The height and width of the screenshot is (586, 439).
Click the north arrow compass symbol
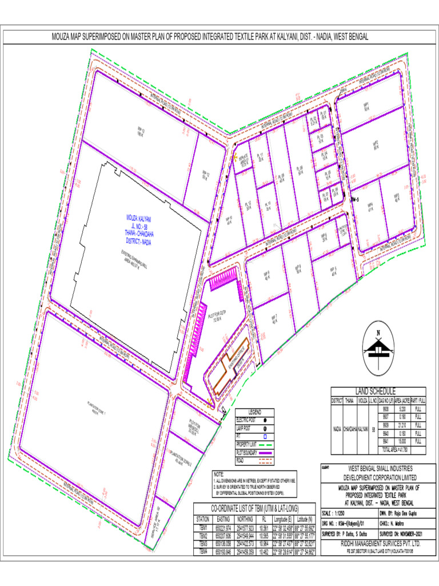point(377,346)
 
